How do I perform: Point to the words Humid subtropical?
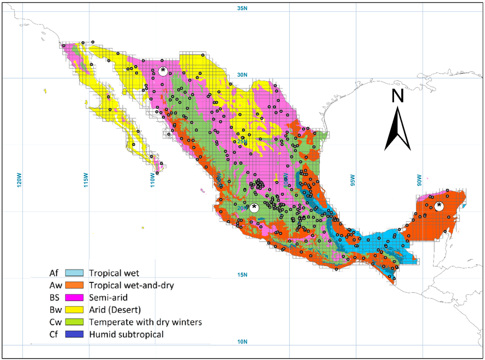tap(126, 334)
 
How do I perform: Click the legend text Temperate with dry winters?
tap(145, 322)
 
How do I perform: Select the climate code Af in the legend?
tap(54, 273)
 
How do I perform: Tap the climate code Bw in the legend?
tap(54, 310)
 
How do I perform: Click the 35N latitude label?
tap(242, 9)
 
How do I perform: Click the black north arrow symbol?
tap(397, 128)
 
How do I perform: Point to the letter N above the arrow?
tap(397, 96)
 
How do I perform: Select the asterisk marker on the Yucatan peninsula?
tap(440, 206)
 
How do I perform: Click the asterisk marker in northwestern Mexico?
tap(163, 71)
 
